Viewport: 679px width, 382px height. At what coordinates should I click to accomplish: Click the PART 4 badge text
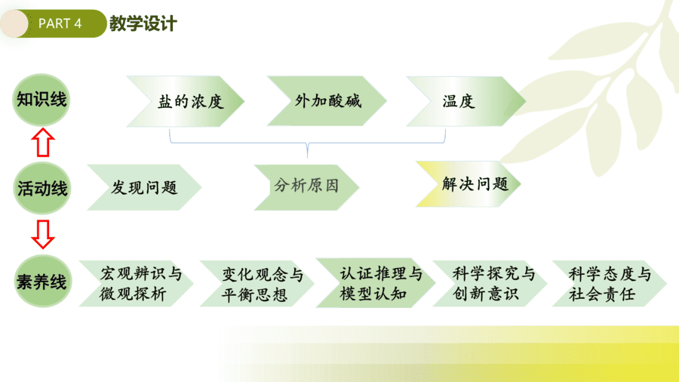tap(60, 23)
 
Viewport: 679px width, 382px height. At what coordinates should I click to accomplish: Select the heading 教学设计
tap(143, 23)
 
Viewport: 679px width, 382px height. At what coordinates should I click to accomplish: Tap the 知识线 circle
tap(41, 100)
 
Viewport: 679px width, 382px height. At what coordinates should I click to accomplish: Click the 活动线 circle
tap(42, 188)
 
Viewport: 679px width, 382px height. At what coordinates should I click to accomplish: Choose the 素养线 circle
tap(42, 282)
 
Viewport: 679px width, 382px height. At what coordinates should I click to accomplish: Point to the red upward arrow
tap(43, 142)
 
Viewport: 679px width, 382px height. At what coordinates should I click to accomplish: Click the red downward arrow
tap(43, 234)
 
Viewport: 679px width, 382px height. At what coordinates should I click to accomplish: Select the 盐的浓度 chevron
tap(186, 101)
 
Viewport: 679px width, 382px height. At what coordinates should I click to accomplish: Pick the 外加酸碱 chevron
tap(327, 101)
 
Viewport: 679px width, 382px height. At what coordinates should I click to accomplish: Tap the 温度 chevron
tap(466, 101)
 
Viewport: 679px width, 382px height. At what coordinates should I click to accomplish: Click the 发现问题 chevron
tap(144, 187)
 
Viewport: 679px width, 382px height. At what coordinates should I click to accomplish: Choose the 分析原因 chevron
tap(306, 187)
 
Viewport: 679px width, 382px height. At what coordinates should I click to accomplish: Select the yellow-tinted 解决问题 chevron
tap(468, 184)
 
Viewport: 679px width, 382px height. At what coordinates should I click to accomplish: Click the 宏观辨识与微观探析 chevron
tap(136, 284)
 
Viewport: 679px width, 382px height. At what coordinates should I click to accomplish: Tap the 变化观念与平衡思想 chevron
tap(257, 284)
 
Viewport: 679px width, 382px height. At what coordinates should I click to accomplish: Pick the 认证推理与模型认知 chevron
tap(376, 283)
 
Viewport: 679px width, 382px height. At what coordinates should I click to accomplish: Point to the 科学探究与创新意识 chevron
tap(490, 284)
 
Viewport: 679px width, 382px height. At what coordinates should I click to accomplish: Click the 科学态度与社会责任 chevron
tap(610, 284)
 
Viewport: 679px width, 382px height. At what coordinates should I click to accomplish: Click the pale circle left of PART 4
tap(14, 23)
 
